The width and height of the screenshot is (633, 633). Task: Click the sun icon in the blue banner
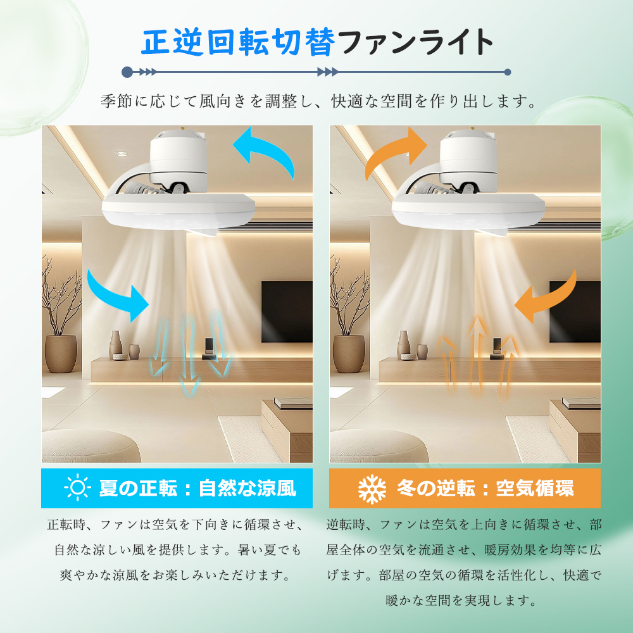77,488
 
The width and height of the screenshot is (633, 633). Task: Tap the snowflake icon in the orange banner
372,488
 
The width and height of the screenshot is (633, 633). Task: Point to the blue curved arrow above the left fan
265,150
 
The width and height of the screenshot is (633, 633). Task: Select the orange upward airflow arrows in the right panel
477,358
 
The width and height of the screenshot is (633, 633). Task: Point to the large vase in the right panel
348,353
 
